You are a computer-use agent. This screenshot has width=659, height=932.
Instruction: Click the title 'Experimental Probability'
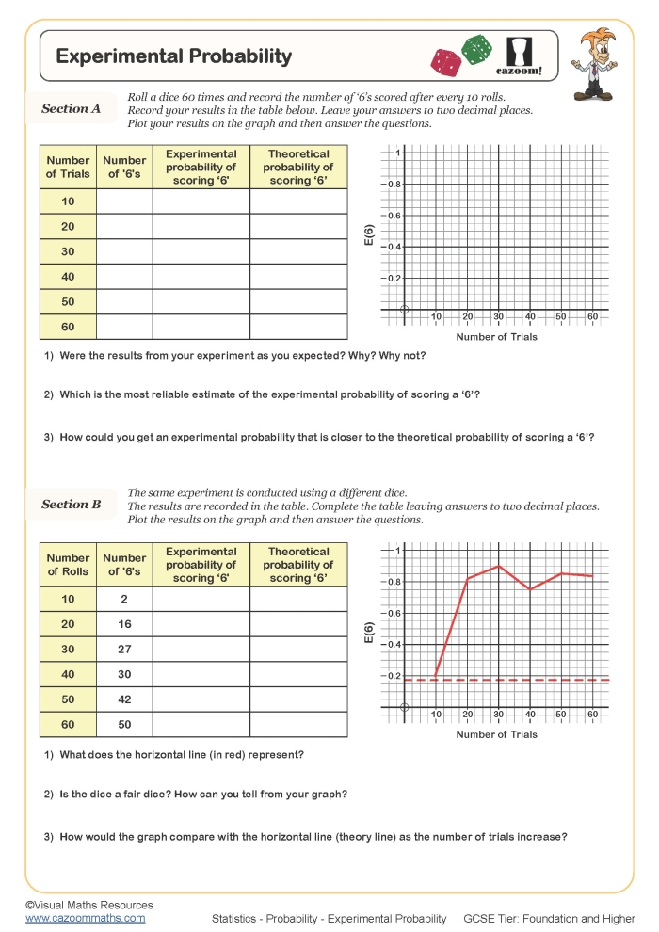click(174, 56)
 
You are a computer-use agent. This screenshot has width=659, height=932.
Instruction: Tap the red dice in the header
click(446, 62)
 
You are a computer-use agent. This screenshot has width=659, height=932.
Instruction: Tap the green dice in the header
click(476, 49)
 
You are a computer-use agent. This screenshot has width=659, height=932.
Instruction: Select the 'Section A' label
click(71, 108)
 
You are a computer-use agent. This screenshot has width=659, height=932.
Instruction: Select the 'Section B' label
click(71, 505)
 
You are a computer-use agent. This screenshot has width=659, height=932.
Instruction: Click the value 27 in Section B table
click(124, 650)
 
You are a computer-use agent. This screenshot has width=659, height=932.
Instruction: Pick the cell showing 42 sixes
click(124, 699)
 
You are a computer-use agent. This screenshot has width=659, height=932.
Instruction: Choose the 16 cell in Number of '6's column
click(124, 624)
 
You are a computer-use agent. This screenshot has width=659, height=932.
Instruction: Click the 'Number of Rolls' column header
click(68, 565)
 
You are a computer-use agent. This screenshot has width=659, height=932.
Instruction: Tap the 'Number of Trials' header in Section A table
click(68, 167)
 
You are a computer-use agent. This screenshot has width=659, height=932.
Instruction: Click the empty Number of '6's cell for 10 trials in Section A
click(124, 201)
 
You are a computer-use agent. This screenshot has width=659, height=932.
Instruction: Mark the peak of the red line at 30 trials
click(499, 566)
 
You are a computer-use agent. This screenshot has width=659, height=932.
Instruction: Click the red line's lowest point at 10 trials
click(436, 675)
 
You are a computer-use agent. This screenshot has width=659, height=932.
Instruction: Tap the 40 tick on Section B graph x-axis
click(530, 715)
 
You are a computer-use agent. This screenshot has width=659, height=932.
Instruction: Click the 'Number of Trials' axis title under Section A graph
click(496, 337)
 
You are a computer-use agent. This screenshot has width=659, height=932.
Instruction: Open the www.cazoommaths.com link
click(85, 917)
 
